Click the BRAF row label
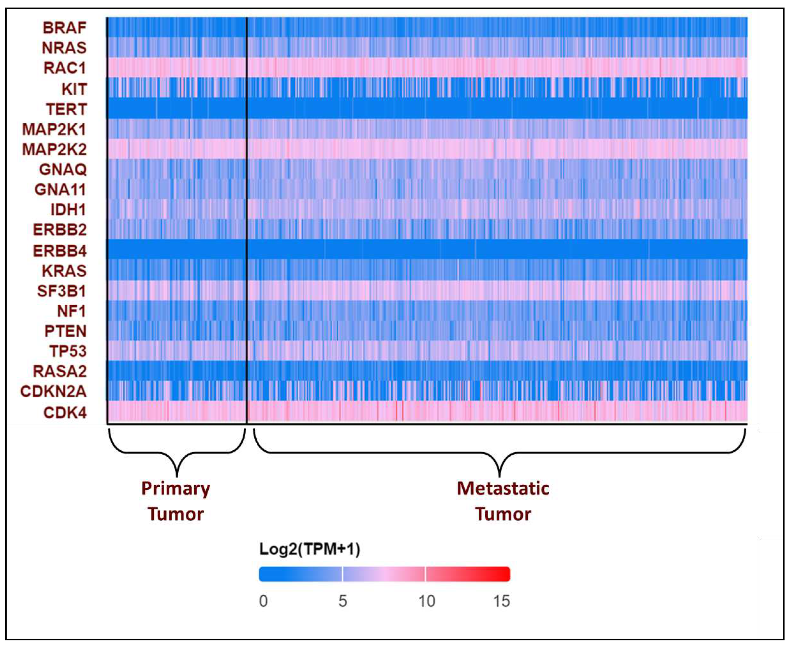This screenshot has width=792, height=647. tap(65, 28)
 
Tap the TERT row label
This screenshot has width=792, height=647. tap(66, 109)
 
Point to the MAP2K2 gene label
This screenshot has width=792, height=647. tap(54, 150)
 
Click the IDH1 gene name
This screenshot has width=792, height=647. tap(68, 210)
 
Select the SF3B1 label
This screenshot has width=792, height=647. tap(61, 291)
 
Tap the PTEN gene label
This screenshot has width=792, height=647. tap(66, 331)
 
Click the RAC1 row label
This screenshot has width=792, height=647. tap(65, 68)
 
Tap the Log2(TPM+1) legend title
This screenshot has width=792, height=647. tap(309, 549)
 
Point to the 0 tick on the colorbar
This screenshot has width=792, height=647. tap(263, 601)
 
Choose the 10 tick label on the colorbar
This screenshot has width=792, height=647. tap(426, 601)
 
